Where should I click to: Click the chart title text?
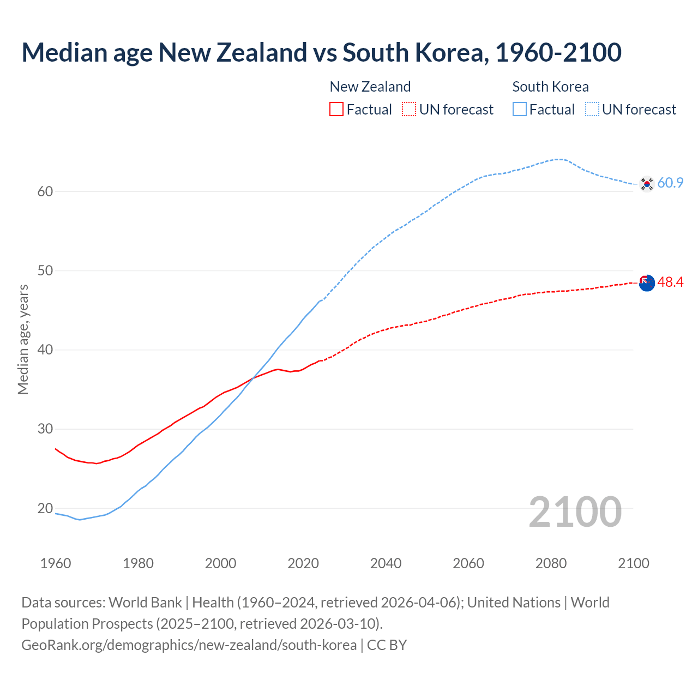tap(321, 52)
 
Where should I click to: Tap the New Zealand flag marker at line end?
tap(647, 283)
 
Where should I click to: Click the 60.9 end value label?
tap(670, 183)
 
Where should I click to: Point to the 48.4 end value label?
tap(670, 282)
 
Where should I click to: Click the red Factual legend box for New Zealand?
tap(336, 109)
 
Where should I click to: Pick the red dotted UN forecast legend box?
tap(409, 109)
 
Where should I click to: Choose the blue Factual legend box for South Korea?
tap(520, 109)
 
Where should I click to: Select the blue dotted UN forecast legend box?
tap(592, 109)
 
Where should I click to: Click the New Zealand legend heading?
tap(370, 87)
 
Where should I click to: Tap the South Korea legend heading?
tap(550, 87)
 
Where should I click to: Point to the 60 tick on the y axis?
tap(45, 191)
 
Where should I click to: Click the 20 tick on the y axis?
tap(45, 508)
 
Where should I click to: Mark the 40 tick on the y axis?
tap(45, 350)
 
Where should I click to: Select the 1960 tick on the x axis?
tap(56, 563)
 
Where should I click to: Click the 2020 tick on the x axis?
tap(303, 563)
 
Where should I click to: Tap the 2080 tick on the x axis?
tap(551, 563)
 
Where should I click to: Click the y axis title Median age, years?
tap(23, 339)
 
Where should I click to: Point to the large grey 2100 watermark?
tap(575, 512)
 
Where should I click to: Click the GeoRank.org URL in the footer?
tap(189, 645)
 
